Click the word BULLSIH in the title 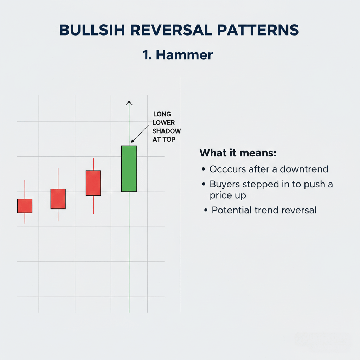[92, 30]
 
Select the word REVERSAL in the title [171, 30]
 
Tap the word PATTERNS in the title [258, 30]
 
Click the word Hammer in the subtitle [184, 55]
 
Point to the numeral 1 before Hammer [146, 55]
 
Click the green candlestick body [129, 168]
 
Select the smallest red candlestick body [25, 206]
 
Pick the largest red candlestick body [94, 183]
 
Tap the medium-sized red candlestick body [58, 199]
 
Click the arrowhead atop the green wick [129, 103]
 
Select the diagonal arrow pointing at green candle [140, 134]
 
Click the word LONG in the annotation [162, 114]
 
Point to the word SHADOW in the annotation [166, 131]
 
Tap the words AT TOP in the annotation [164, 140]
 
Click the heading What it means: [238, 153]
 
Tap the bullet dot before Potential [206, 210]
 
